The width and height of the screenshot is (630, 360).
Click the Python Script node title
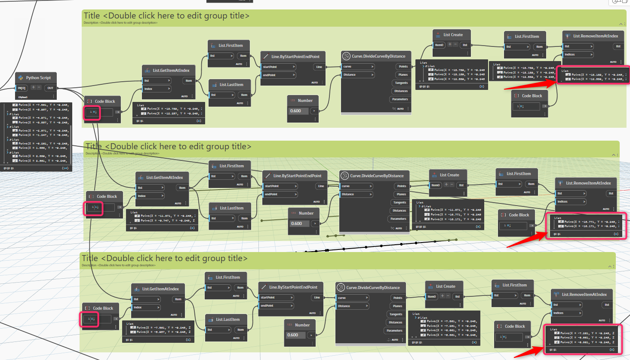[38, 78]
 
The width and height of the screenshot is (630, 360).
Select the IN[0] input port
[22, 88]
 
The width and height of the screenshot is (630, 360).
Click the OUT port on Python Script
[50, 88]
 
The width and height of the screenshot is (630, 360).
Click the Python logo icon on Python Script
[20, 78]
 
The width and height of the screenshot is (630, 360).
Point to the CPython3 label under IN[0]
[23, 97]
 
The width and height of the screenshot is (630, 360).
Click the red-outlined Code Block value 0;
[92, 112]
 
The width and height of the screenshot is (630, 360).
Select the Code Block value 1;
[94, 208]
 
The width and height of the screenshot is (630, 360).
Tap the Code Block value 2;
[91, 319]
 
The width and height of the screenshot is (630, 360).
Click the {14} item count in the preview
[65, 168]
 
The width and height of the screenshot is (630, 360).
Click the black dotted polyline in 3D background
[383, 246]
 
